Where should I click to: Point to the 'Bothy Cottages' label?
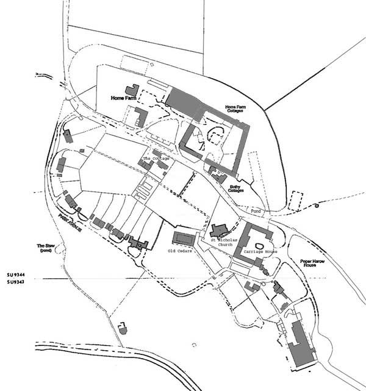tap(236, 190)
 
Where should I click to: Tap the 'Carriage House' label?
tap(260, 251)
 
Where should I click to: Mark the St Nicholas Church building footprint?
tap(218, 231)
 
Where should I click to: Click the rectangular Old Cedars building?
tap(183, 237)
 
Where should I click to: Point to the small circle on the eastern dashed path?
tap(318, 206)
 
